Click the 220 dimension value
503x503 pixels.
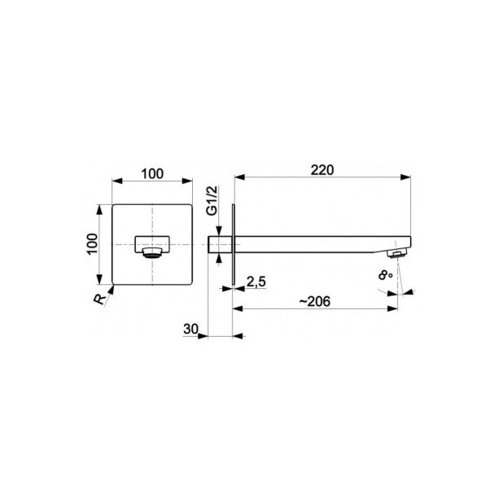322,169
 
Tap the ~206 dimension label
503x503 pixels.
315,301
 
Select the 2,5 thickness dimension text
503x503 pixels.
256,282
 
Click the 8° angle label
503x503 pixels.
387,276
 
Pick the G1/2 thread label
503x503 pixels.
212,199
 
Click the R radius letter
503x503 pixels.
99,299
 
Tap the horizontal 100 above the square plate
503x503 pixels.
151,173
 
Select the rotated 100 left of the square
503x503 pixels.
93,243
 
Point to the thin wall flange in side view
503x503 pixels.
234,243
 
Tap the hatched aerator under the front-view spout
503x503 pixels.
151,253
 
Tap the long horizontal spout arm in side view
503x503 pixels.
317,243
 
